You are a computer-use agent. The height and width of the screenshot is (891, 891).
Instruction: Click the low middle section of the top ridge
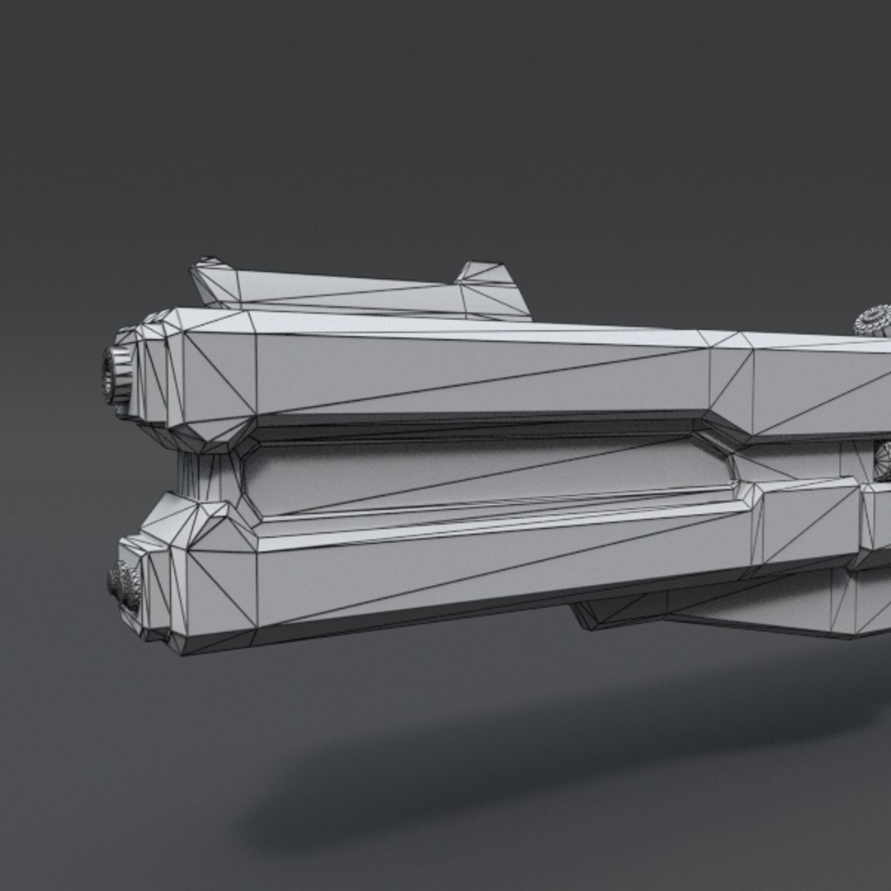pos(346,294)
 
